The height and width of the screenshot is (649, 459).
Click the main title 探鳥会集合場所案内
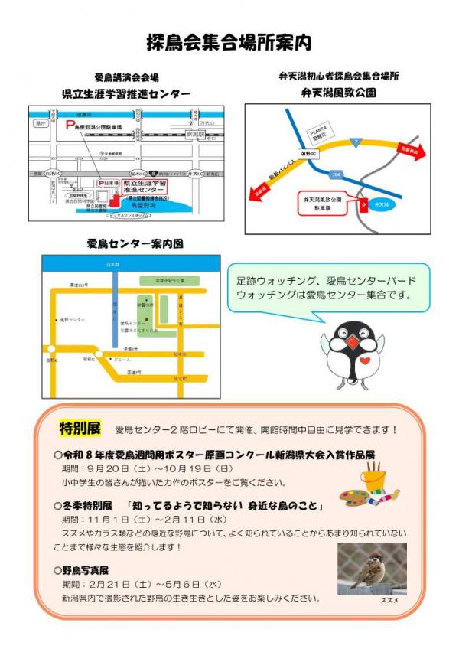229,42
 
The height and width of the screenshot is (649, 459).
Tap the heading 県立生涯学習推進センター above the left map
126,93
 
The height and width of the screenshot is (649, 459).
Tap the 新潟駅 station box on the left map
197,134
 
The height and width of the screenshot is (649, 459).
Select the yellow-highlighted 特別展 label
80,426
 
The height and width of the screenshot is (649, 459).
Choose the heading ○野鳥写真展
82,570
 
